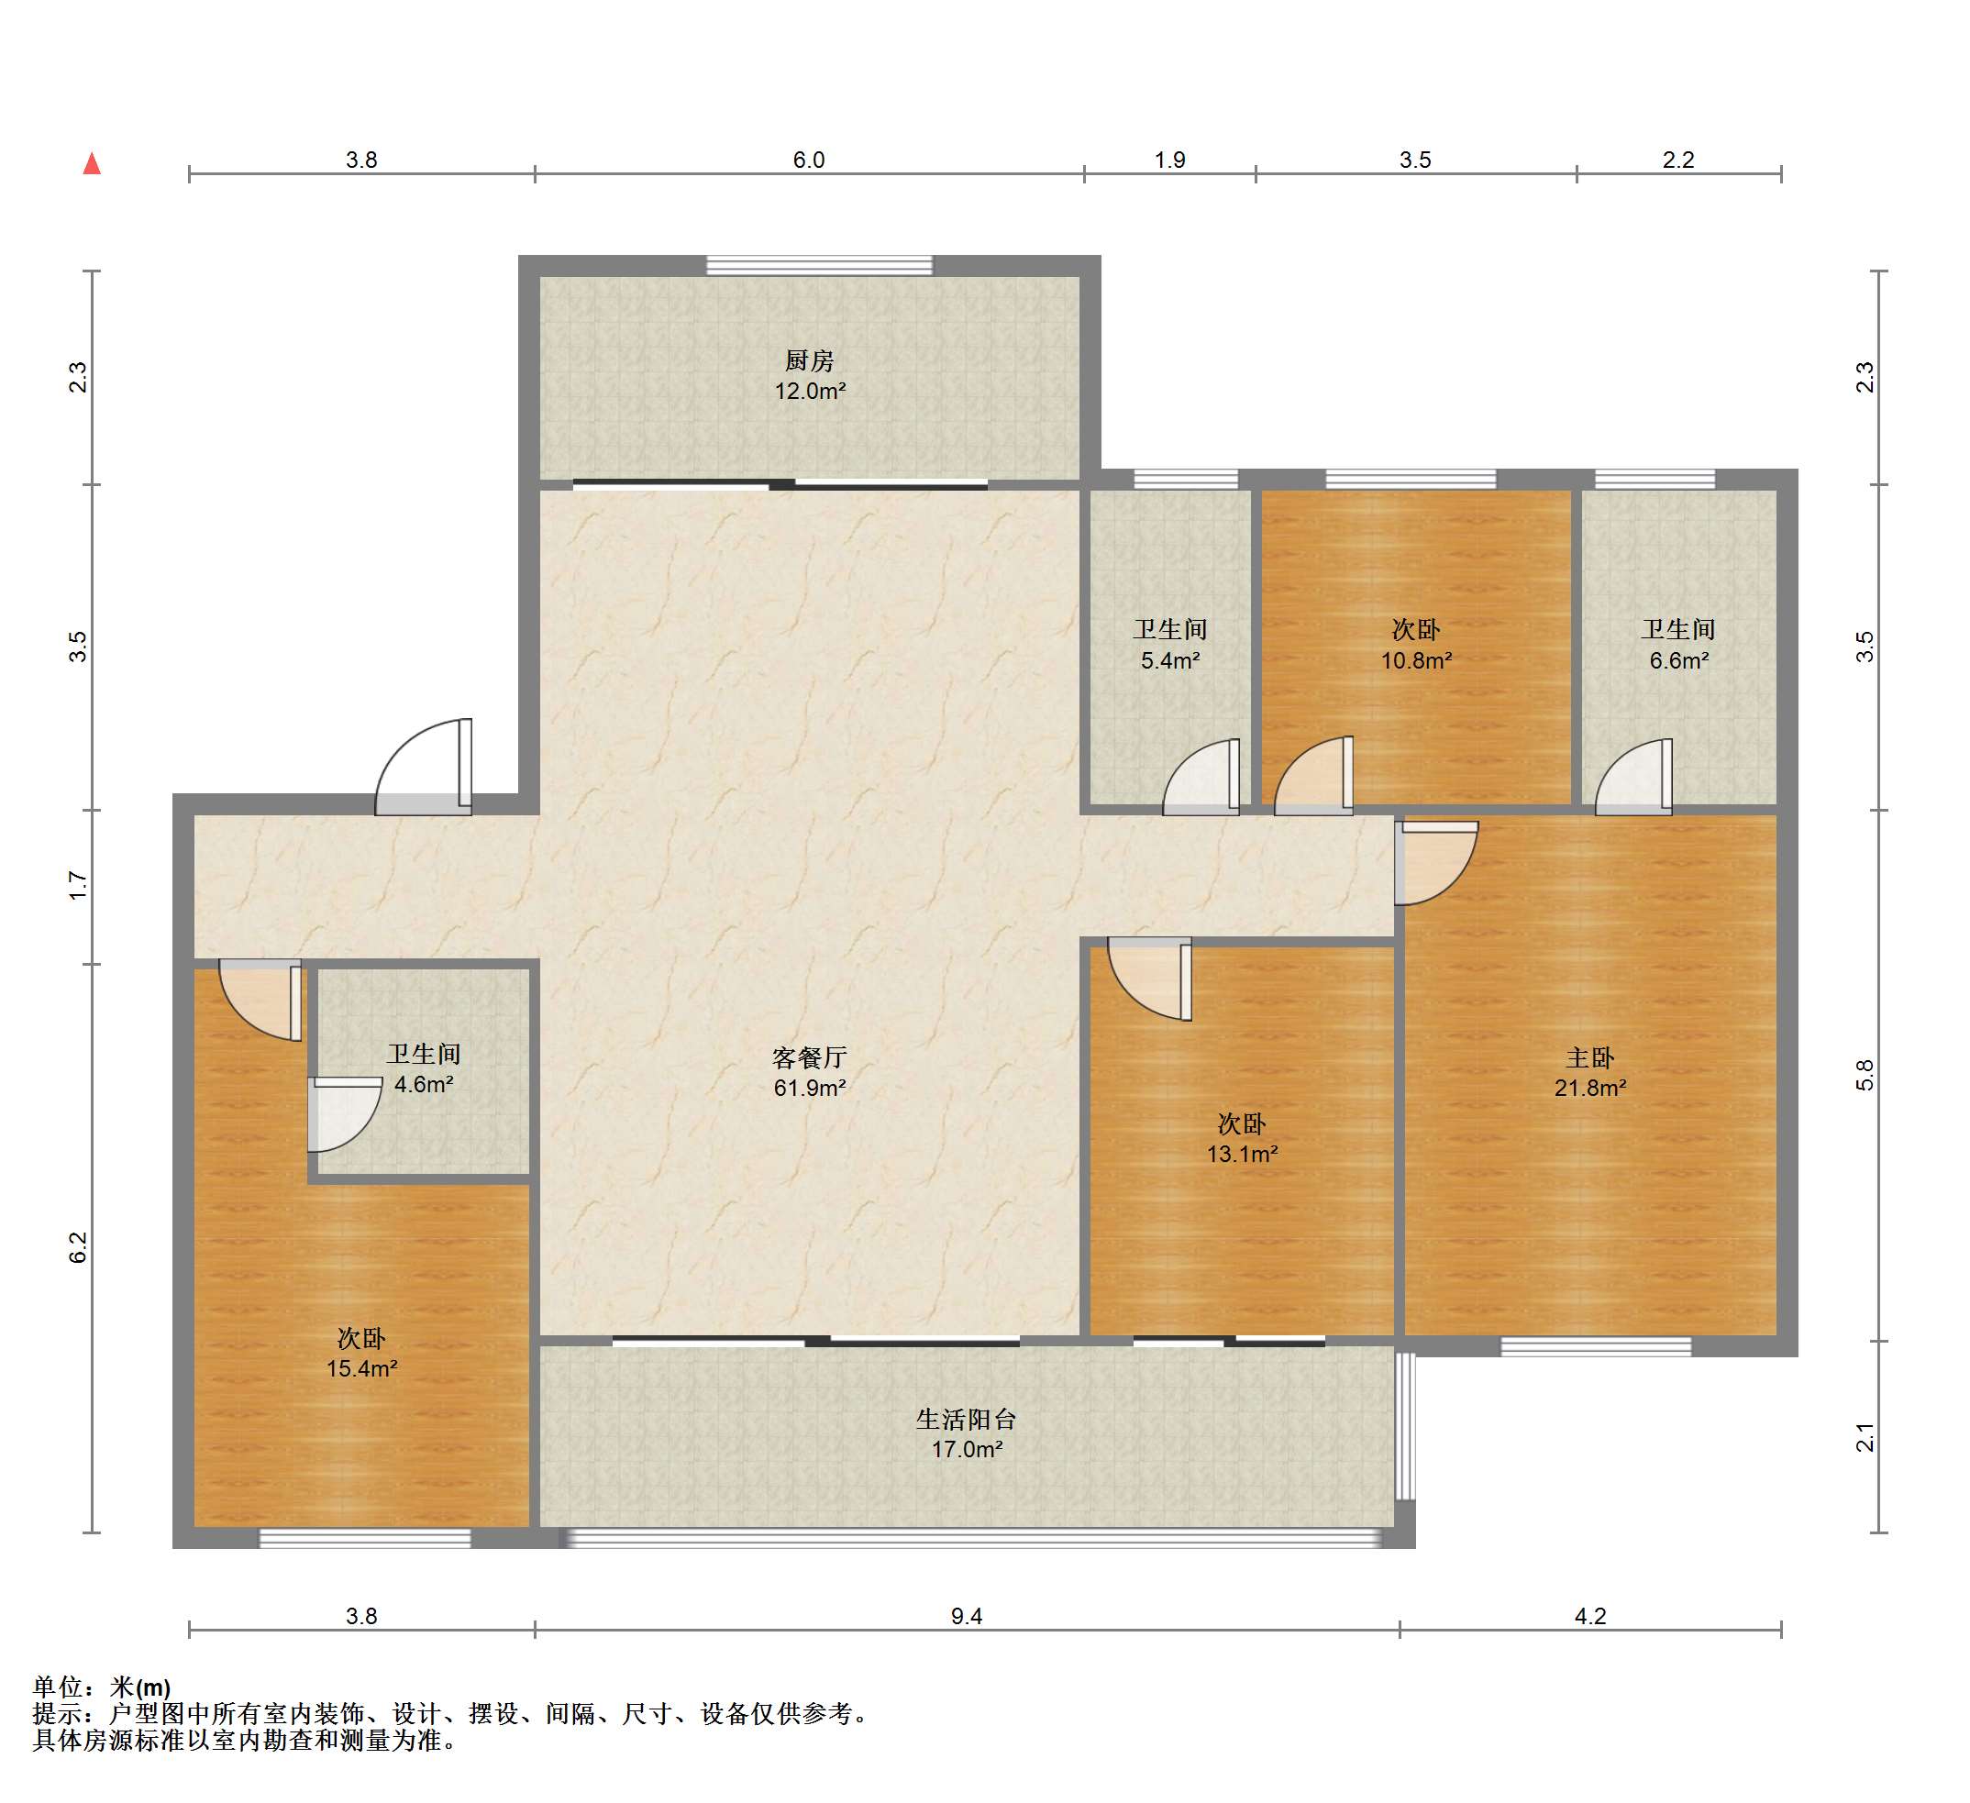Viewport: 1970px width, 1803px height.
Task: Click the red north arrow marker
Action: (92, 163)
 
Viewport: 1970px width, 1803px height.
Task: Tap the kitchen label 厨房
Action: (809, 360)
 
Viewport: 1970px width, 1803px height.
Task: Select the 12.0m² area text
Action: (810, 391)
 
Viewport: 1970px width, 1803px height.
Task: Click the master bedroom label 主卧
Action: (1590, 1057)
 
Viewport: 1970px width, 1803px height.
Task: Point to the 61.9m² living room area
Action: (809, 1088)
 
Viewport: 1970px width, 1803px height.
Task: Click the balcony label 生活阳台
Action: (967, 1419)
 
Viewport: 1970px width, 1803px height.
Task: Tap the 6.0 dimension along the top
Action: (809, 160)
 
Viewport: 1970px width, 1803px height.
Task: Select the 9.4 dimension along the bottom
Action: (967, 1616)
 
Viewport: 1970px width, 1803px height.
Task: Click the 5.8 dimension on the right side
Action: (1865, 1075)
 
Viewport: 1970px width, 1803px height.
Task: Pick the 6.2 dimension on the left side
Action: (78, 1248)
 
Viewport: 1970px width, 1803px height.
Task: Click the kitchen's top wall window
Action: (819, 265)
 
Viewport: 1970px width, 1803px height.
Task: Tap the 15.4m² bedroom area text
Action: (361, 1368)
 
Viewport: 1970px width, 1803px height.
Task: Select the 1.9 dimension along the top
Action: (1169, 160)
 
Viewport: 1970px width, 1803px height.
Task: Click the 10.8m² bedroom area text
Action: (1416, 660)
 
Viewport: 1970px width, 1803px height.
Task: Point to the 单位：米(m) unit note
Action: (102, 1687)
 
